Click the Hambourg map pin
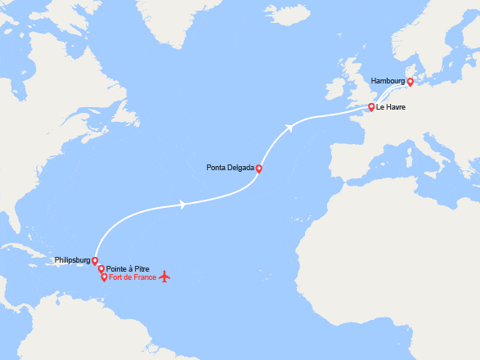[410, 82]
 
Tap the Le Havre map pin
[371, 107]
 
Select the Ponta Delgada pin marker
[258, 169]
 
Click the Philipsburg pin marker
[95, 261]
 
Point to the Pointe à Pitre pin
[101, 268]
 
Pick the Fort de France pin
[104, 277]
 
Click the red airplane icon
[164, 277]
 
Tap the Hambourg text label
[387, 82]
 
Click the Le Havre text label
[394, 107]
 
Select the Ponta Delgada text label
[230, 169]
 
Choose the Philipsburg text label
[72, 260]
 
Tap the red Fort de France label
[132, 277]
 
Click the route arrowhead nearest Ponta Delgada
[289, 127]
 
